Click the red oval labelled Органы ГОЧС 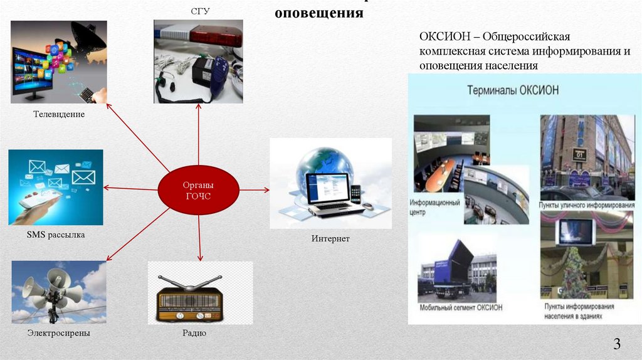pyautogui.click(x=198, y=190)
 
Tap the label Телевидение pyautogui.click(x=60, y=115)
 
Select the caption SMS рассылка pyautogui.click(x=56, y=235)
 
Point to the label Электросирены pyautogui.click(x=59, y=333)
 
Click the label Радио pyautogui.click(x=194, y=333)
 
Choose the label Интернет pyautogui.click(x=330, y=239)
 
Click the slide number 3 pyautogui.click(x=617, y=344)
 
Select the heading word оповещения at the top pyautogui.click(x=319, y=13)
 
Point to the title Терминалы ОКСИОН pyautogui.click(x=513, y=91)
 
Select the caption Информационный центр pyautogui.click(x=434, y=208)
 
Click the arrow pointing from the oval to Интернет pyautogui.click(x=254, y=189)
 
